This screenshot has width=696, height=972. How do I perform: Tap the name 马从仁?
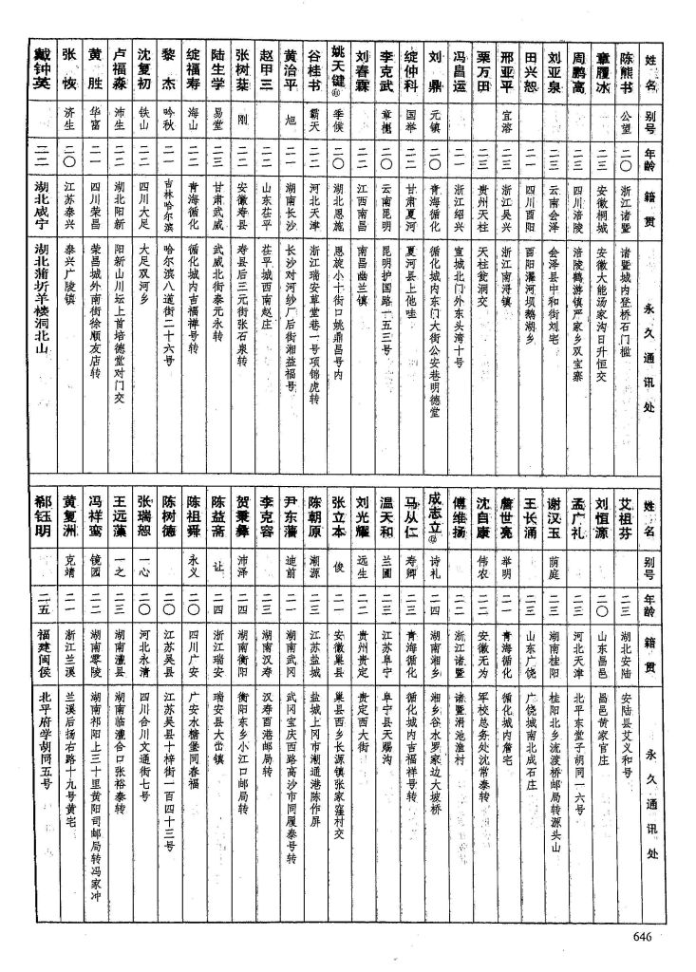click(411, 520)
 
